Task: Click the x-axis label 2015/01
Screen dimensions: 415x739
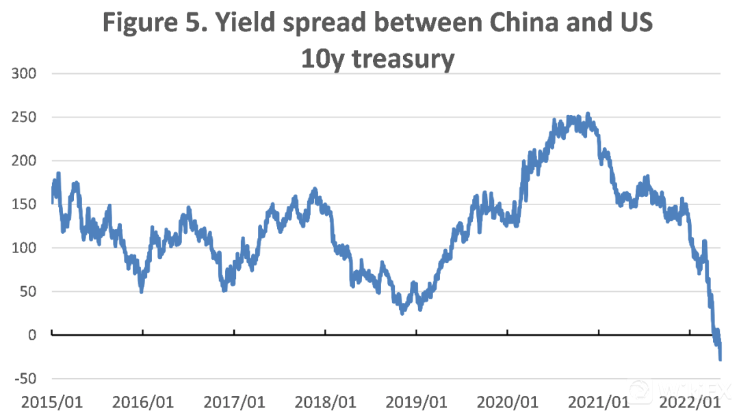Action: [52, 401]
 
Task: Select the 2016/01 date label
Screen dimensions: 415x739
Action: [143, 401]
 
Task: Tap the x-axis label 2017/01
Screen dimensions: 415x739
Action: [234, 401]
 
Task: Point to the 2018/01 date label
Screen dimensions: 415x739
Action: [325, 401]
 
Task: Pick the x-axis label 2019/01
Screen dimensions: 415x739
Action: [416, 401]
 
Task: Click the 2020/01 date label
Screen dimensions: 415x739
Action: [507, 401]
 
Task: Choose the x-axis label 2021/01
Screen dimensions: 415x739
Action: [598, 401]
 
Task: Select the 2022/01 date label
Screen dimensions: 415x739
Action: [689, 401]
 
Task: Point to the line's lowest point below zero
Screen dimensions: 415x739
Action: [720, 358]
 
